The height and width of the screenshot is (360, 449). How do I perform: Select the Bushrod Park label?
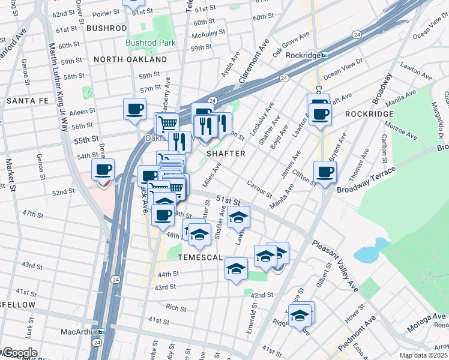click(x=151, y=43)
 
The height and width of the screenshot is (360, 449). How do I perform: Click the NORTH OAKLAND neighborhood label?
click(x=130, y=60)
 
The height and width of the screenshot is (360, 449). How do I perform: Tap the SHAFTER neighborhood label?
click(x=226, y=154)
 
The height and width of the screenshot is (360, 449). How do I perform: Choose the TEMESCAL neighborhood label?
click(x=200, y=257)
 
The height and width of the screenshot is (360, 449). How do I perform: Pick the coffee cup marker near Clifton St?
click(x=325, y=172)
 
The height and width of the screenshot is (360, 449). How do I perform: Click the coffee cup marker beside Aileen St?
click(x=134, y=109)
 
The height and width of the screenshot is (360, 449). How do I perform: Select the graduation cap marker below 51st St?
click(x=238, y=217)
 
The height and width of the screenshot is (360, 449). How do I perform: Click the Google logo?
click(x=19, y=353)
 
